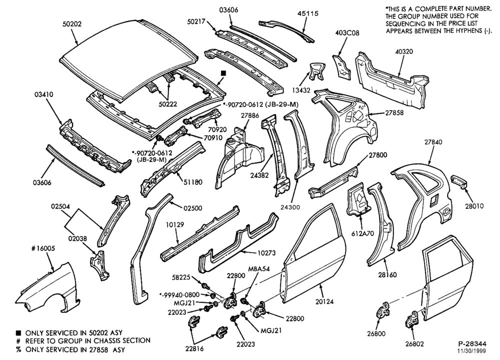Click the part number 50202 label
71,24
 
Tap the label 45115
307,13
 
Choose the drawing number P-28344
472,343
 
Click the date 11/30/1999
472,351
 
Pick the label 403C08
347,33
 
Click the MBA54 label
259,268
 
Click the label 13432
300,90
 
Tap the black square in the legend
19,333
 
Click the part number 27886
250,115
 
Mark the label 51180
192,182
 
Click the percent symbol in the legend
19,350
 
